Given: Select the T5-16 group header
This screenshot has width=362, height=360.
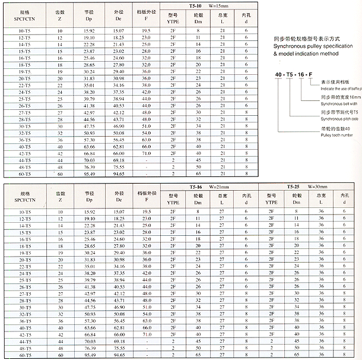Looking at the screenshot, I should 194,187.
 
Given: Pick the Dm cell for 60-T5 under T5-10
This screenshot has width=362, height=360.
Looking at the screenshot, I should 198,175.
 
